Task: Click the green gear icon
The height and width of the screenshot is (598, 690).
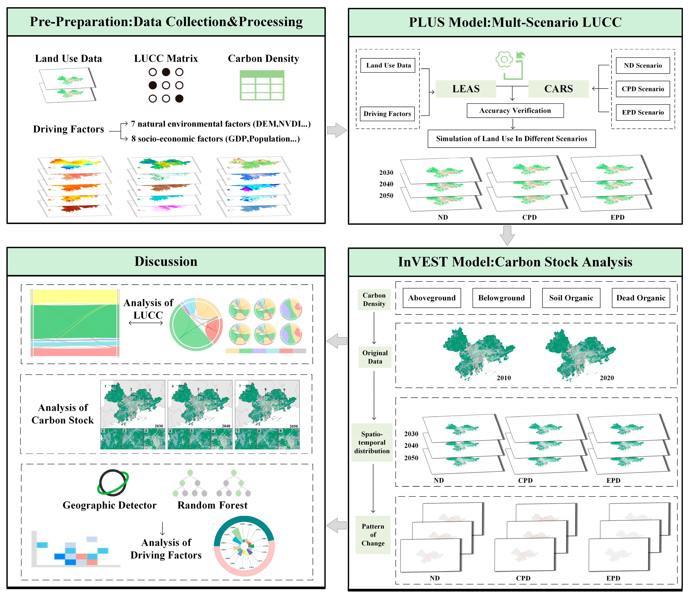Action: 504,59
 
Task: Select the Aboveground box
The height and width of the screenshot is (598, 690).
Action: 432,298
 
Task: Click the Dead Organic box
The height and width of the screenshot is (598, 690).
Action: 641,298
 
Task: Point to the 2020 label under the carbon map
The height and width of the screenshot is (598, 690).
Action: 607,378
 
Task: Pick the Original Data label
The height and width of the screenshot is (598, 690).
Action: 375,357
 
